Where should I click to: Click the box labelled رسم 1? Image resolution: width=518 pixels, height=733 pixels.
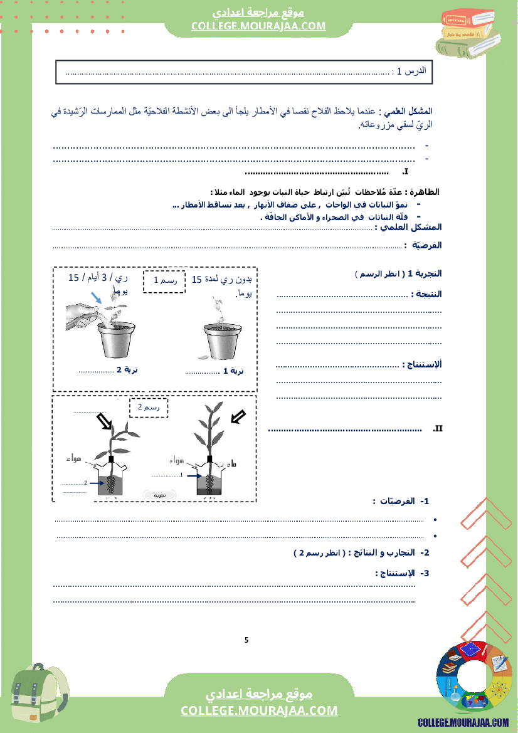(x=164, y=281)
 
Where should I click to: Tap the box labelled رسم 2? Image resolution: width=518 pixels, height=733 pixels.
(x=149, y=408)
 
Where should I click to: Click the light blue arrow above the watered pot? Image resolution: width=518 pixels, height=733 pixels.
(x=95, y=297)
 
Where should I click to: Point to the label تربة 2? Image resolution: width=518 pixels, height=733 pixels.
(x=127, y=369)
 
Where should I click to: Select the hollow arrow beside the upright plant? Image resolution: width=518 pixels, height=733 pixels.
(x=238, y=416)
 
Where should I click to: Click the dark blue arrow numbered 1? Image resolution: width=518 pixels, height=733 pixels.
(x=191, y=475)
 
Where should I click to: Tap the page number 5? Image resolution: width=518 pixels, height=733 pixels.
(x=246, y=640)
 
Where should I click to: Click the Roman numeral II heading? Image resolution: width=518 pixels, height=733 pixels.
(x=438, y=429)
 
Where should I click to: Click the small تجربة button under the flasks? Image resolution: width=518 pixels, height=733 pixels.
(x=160, y=495)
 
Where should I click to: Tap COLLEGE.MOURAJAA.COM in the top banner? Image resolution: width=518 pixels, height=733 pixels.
(x=259, y=26)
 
